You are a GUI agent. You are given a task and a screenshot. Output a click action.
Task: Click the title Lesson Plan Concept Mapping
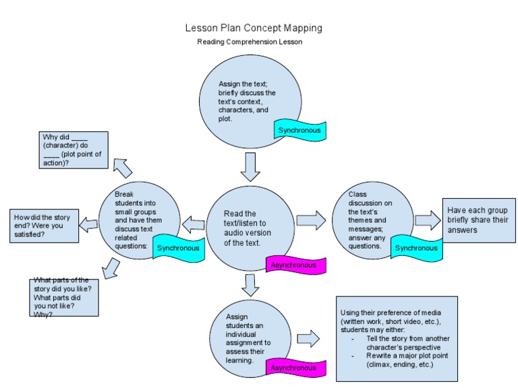254,28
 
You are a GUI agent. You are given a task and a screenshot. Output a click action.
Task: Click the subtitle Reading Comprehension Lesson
250,42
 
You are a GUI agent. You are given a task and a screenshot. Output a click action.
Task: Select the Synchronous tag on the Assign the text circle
299,129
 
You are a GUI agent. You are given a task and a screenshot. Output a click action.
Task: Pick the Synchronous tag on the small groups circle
178,247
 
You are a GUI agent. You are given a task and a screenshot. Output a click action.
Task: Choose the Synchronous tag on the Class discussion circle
416,247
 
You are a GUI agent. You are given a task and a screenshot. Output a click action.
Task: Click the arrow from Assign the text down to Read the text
250,166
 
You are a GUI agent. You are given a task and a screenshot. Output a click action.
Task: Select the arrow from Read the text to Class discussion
310,220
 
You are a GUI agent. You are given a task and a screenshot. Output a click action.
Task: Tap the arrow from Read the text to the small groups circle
194,223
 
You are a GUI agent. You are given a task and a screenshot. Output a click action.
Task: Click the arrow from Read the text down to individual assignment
250,285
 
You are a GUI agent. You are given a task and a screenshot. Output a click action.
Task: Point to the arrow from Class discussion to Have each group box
427,220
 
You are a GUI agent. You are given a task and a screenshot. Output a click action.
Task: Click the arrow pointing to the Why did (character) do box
123,166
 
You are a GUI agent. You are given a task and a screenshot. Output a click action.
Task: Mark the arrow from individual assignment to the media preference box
308,338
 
